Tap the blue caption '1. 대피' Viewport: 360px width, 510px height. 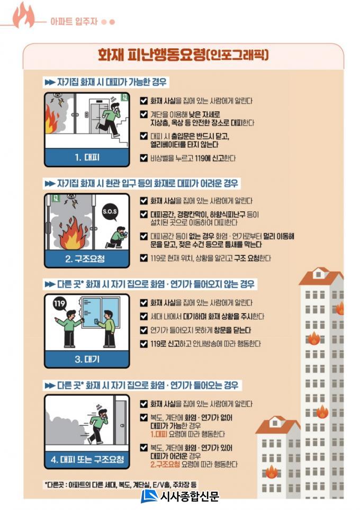(x=87, y=158)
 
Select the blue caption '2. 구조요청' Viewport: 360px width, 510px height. (x=85, y=259)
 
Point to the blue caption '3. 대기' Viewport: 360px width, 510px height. (x=87, y=360)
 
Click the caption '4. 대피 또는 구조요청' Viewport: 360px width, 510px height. (x=87, y=460)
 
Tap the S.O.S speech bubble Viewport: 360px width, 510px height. (x=110, y=212)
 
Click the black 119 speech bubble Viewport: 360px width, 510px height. (x=59, y=304)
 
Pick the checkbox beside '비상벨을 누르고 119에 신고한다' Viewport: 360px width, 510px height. (x=144, y=158)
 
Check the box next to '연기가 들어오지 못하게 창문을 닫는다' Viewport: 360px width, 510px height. (x=144, y=330)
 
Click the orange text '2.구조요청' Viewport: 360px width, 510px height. (x=165, y=464)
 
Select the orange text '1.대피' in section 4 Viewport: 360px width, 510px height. (x=159, y=434)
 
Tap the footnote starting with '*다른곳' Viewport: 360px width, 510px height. (x=120, y=485)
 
